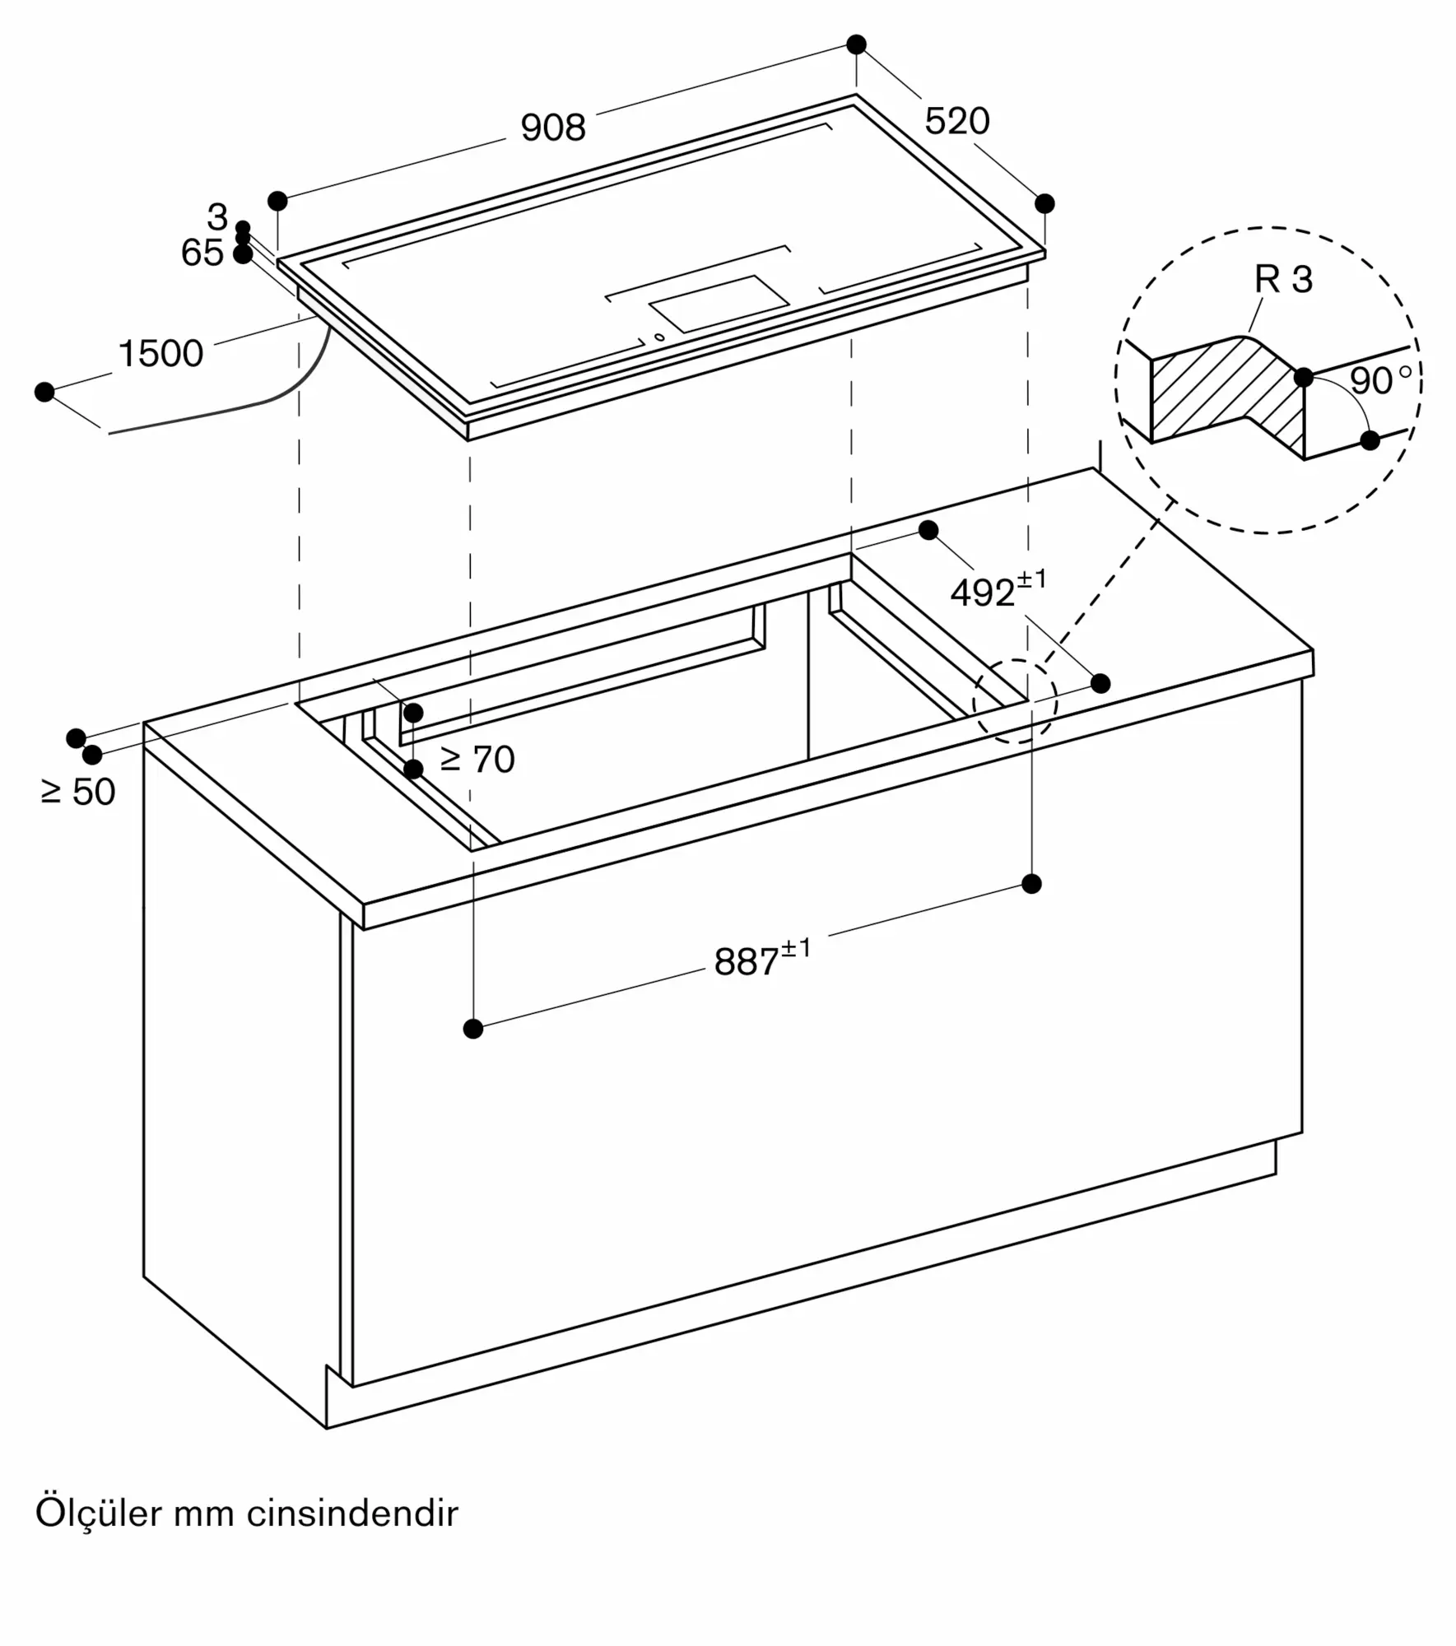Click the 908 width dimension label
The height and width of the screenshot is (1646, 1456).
[553, 128]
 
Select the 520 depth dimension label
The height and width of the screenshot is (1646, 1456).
[956, 121]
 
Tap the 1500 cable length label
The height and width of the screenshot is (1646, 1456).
[160, 353]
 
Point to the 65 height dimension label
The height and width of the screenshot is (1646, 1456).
[202, 253]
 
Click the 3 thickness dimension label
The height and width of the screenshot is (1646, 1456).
[217, 217]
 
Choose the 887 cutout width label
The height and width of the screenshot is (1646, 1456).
[762, 958]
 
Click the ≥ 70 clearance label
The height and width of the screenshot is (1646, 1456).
[477, 759]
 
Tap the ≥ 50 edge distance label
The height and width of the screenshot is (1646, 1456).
[78, 792]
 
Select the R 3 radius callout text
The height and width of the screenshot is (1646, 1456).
[1283, 279]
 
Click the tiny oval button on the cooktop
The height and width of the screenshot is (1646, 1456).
[659, 337]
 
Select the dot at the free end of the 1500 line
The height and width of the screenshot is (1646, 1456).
[44, 392]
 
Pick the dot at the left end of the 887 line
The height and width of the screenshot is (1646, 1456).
[473, 1028]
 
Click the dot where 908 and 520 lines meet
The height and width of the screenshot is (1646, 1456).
[856, 44]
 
